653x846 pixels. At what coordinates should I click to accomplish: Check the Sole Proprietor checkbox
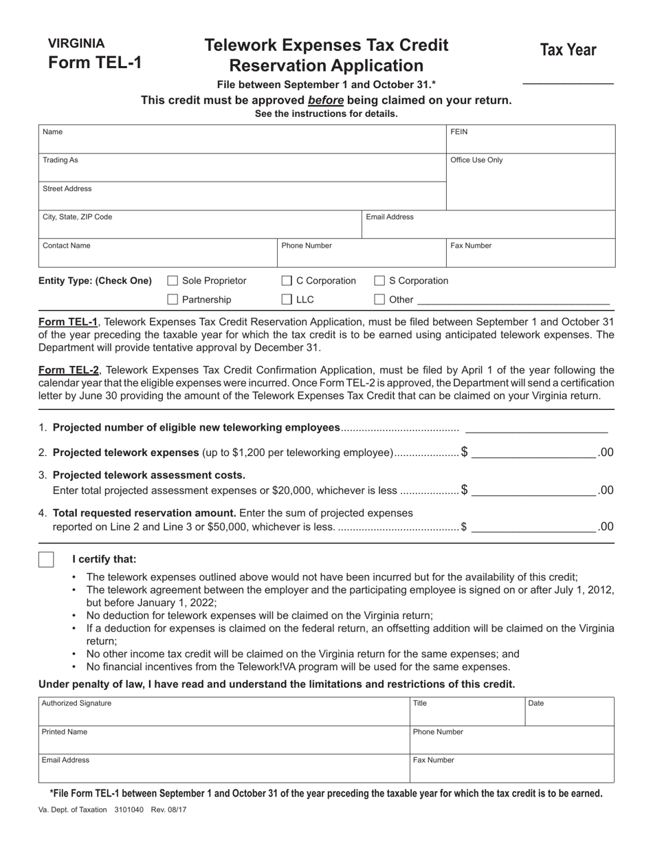click(173, 281)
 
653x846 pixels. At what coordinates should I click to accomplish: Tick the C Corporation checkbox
click(287, 281)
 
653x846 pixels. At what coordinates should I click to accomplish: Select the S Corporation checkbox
click(379, 281)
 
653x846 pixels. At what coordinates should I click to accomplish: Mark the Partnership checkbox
click(173, 299)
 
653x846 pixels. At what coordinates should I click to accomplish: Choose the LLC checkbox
click(287, 299)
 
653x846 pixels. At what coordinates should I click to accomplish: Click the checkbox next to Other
click(379, 299)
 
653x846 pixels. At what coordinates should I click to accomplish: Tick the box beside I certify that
click(46, 559)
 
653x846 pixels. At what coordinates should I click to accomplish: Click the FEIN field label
click(458, 131)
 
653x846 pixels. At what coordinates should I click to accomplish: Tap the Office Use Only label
click(476, 160)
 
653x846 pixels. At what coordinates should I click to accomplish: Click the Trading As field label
click(60, 160)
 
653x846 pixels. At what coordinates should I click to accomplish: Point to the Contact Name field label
click(66, 246)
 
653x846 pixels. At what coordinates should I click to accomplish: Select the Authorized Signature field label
click(76, 704)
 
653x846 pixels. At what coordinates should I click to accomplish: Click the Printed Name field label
click(65, 732)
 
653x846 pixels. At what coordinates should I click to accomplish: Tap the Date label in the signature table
click(536, 704)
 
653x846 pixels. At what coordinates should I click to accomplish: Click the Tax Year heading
click(568, 50)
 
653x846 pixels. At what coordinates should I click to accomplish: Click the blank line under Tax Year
click(568, 83)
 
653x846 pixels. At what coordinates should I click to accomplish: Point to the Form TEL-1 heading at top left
click(95, 63)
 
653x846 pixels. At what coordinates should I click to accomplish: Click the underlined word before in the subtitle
click(326, 100)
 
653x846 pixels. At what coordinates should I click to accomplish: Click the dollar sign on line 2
click(465, 452)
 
